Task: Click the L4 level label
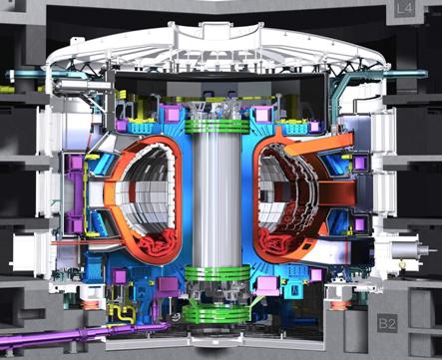tap(405, 9)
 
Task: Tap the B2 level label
tap(387, 323)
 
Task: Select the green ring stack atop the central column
tap(217, 127)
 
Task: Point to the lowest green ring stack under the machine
tap(216, 314)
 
